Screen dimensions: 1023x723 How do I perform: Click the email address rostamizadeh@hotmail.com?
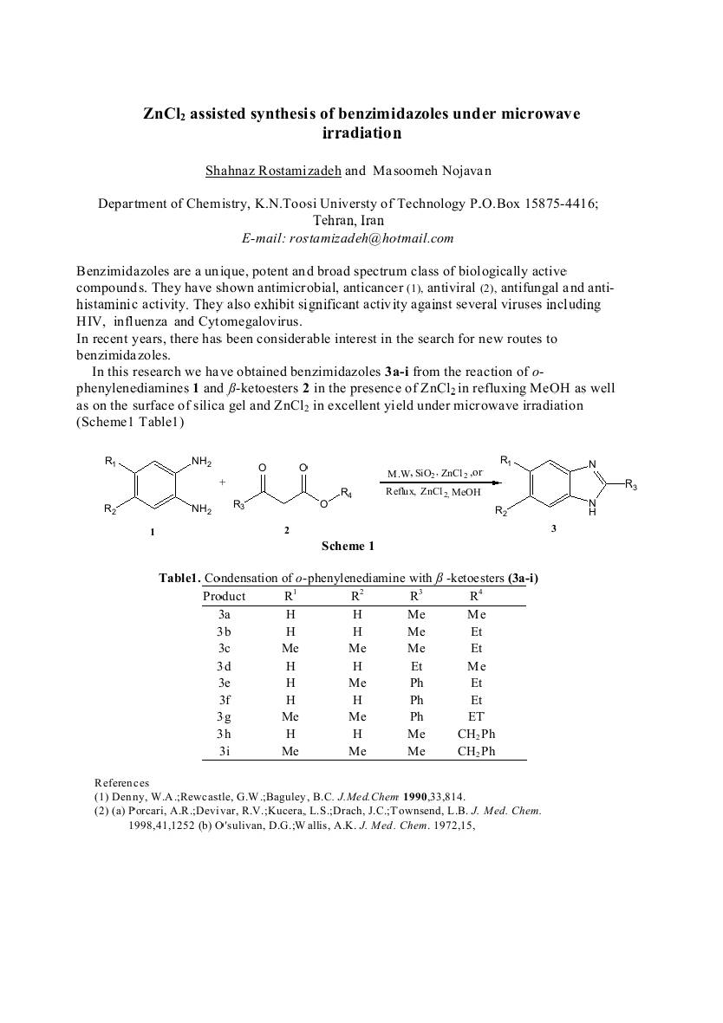[x=371, y=238]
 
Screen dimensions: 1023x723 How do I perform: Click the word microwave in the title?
[x=537, y=113]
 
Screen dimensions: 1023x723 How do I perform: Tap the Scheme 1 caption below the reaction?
[x=348, y=546]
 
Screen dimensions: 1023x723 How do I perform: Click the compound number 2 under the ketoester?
[x=286, y=529]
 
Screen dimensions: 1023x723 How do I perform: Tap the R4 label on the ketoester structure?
[x=346, y=493]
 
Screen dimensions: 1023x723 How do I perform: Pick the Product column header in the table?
[x=224, y=596]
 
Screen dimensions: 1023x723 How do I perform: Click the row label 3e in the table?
[x=224, y=683]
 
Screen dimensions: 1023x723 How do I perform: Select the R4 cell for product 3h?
[x=476, y=734]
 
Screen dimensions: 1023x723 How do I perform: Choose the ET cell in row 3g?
[x=476, y=716]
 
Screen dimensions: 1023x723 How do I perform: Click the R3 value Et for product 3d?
[x=416, y=665]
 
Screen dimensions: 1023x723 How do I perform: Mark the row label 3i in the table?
[x=224, y=751]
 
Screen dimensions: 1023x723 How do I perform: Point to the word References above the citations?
[x=121, y=783]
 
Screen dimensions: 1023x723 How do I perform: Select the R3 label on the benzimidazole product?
[x=630, y=486]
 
